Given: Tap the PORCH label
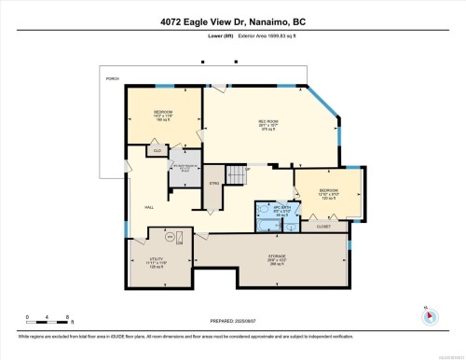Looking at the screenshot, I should (x=113, y=79).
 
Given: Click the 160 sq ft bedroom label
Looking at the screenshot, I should (x=164, y=116).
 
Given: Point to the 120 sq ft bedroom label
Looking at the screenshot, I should (x=329, y=194).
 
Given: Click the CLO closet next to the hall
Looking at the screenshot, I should (x=158, y=150).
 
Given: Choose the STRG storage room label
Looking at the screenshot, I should (x=214, y=185).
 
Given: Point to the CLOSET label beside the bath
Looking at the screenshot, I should (x=323, y=226).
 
